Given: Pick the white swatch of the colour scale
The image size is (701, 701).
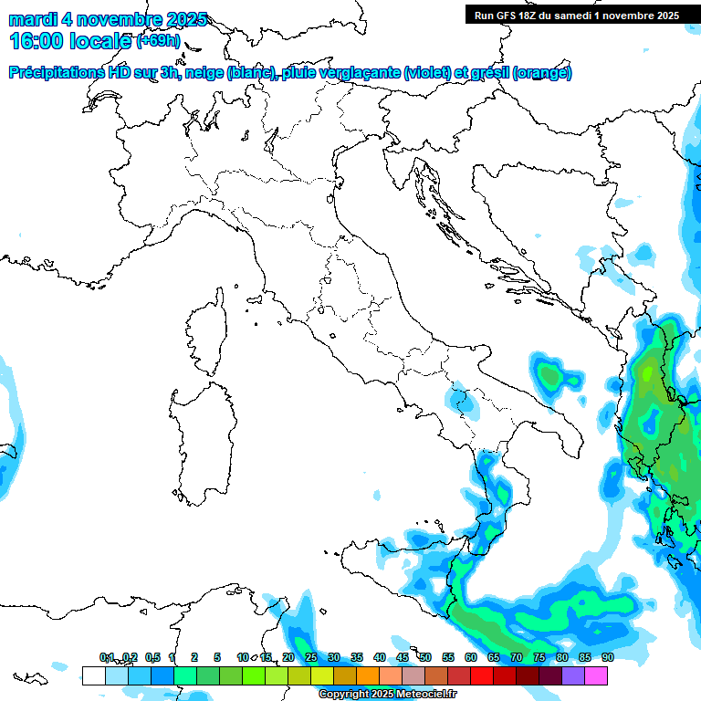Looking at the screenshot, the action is click(x=93, y=675).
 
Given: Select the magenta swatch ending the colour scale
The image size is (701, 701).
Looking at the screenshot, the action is click(x=596, y=675).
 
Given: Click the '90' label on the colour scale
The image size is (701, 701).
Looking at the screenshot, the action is click(x=607, y=657).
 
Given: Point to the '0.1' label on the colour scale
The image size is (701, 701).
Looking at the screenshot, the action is click(x=107, y=657).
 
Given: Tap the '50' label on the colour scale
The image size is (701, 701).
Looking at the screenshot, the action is click(x=424, y=657).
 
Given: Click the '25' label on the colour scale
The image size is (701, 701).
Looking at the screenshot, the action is click(x=310, y=657).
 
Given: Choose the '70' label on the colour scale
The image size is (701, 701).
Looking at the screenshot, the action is click(x=516, y=657).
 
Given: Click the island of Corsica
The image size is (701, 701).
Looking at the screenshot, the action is click(x=208, y=333).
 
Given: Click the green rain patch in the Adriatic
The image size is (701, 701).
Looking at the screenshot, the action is click(x=549, y=373).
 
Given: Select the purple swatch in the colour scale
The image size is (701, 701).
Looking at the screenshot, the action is click(x=573, y=675).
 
